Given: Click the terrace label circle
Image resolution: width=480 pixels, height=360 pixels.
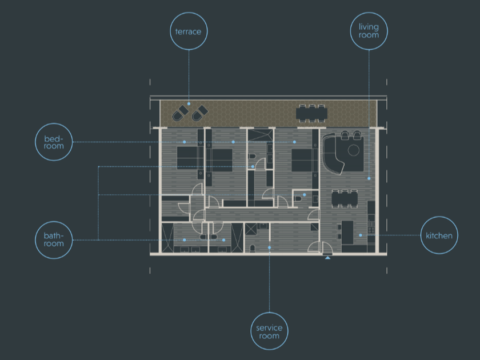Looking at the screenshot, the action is tap(189, 13).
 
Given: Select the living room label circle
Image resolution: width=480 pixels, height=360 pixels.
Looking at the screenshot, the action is tap(369, 13).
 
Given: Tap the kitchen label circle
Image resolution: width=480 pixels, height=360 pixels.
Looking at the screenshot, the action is tap(439, 217).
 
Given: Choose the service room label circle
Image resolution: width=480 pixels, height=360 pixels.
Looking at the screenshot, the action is tap(269, 313).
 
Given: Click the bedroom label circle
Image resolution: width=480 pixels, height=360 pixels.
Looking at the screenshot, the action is tap(54, 123).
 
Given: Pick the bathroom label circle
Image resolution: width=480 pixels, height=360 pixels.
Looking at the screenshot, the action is tap(54, 222).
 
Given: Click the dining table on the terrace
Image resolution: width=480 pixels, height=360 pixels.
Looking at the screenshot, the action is tap(311, 114).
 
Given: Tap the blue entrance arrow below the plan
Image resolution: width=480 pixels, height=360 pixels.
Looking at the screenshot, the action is tap(327, 258).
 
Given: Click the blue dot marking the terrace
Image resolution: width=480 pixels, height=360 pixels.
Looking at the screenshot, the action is tap(189, 104).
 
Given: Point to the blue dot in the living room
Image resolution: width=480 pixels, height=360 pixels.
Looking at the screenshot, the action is tap(369, 178).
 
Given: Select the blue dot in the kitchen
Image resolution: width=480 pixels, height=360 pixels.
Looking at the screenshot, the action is tap(361, 235).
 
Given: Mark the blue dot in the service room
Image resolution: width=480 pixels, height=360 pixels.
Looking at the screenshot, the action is tap(269, 247).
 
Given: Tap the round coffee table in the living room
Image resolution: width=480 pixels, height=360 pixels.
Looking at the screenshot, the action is tap(354, 150).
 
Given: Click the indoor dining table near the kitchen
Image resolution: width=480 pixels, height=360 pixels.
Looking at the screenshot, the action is tap(345, 199).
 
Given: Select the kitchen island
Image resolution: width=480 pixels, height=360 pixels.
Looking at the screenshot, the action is tap(347, 233).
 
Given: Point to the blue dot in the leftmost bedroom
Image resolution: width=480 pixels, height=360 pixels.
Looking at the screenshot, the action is tap(184, 142).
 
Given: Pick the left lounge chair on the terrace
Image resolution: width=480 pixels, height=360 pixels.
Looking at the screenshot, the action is tap(181, 113).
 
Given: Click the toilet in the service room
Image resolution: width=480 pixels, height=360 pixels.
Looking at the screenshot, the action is tap(253, 248).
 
